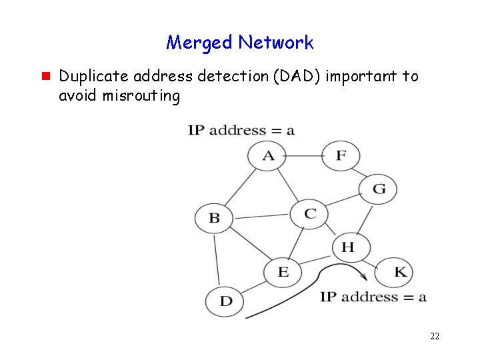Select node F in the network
341,156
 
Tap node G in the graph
378,189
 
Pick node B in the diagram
213,218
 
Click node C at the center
309,214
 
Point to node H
347,247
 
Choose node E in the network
283,271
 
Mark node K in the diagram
399,272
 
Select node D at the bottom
225,301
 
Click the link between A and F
304,156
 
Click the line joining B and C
261,216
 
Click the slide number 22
435,336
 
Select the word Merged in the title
199,43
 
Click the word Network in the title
275,43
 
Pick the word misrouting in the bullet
141,95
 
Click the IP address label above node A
241,130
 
